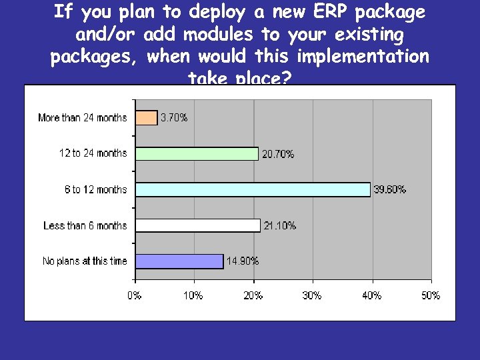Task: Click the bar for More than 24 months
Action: (147, 118)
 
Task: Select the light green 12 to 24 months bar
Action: (197, 154)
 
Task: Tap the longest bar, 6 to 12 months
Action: (253, 189)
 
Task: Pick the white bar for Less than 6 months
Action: (198, 225)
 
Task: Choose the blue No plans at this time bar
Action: (179, 261)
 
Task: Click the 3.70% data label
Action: (174, 118)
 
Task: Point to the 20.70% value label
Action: (278, 154)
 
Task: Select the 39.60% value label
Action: (390, 189)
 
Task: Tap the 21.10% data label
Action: (280, 225)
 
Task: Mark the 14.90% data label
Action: (243, 261)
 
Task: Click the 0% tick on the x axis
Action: (135, 295)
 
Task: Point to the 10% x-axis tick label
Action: (194, 295)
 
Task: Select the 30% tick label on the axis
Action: (313, 295)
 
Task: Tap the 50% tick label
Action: (431, 295)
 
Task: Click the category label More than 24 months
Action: (83, 118)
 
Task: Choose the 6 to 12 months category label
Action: (95, 190)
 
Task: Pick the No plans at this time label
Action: (85, 261)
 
